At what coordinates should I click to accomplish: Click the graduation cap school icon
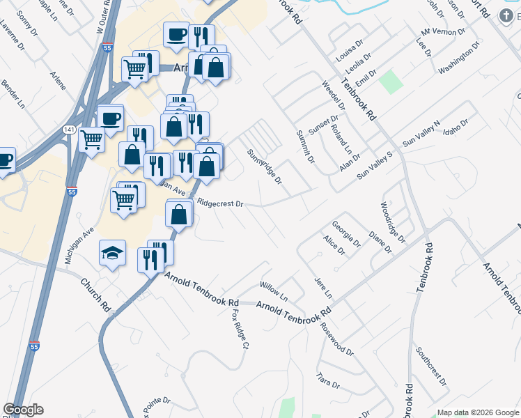[112, 253]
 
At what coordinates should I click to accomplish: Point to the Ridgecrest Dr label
[220, 204]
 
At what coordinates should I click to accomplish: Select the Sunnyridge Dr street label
[265, 167]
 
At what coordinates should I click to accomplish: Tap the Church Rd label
[95, 295]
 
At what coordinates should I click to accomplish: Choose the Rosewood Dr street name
[337, 337]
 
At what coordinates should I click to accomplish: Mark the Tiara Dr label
[327, 382]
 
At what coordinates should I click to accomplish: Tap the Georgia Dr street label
[345, 234]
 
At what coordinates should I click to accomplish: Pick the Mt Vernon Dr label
[443, 32]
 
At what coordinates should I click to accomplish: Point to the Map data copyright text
[477, 412]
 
